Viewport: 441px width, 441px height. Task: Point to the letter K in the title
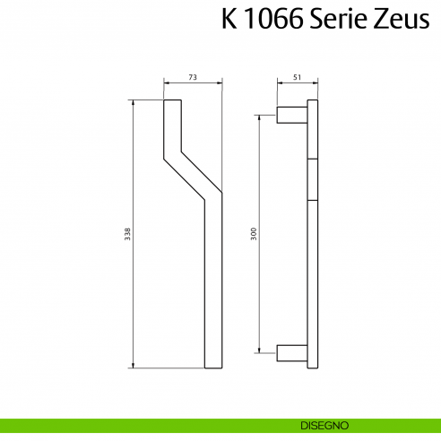click(229, 20)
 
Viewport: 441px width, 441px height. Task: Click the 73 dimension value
click(193, 79)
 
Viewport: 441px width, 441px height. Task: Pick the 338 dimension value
click(127, 235)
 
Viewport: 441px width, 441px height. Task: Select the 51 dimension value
click(296, 79)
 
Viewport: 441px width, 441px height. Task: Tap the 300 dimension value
click(255, 235)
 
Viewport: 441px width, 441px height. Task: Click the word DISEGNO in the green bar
click(319, 425)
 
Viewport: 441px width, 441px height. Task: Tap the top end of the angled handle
click(173, 103)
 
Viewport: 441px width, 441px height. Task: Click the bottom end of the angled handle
click(213, 366)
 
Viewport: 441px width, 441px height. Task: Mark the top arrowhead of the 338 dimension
click(133, 103)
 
